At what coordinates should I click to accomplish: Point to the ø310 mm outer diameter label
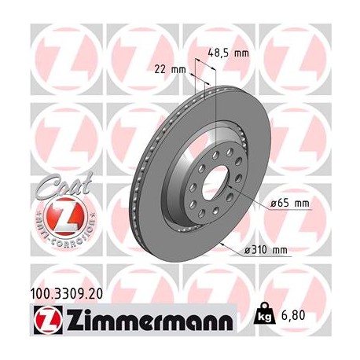pyautogui.click(x=268, y=251)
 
